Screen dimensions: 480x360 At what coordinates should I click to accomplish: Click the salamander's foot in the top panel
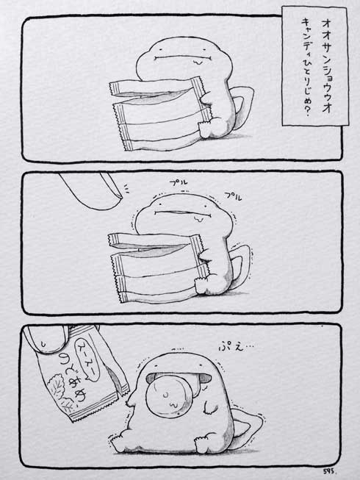point(213,132)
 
